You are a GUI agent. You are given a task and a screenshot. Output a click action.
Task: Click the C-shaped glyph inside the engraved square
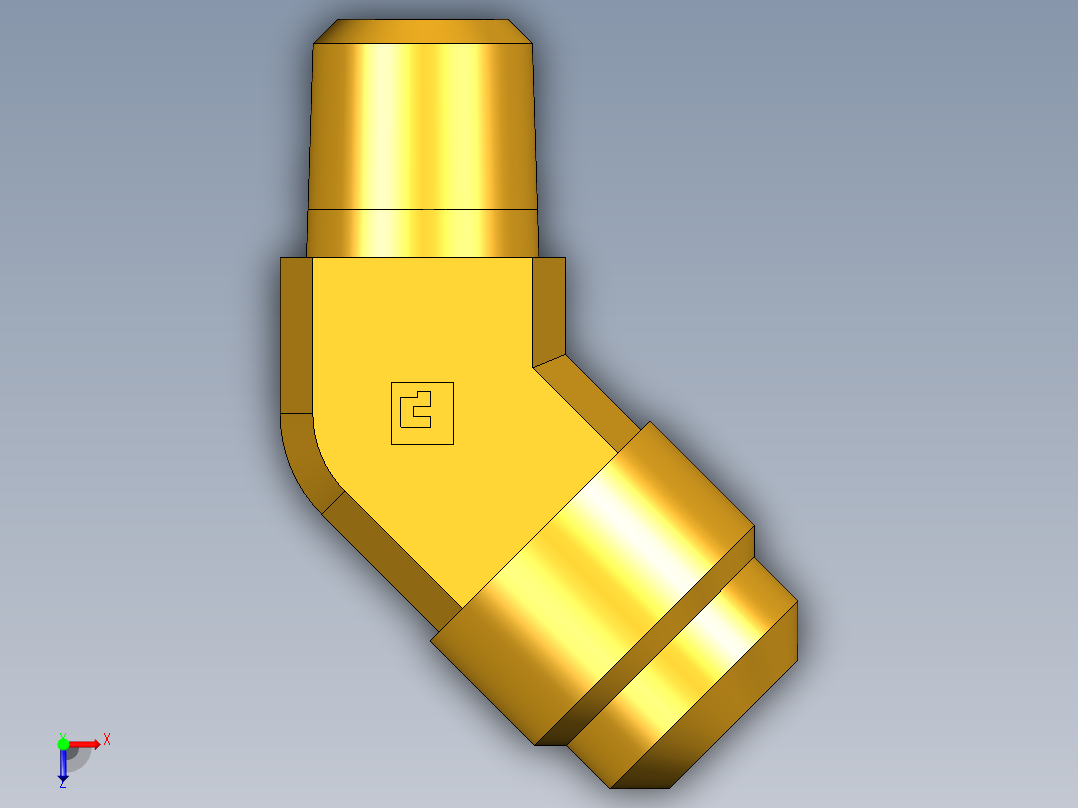(413, 410)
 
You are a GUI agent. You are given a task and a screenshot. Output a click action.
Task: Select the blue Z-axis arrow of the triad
(63, 766)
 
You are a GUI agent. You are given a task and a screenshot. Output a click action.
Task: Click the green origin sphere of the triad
(63, 744)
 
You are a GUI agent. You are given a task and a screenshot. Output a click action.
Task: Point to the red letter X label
(107, 739)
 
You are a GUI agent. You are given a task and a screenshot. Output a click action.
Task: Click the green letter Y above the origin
(62, 734)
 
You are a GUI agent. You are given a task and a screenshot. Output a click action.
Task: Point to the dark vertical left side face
(296, 335)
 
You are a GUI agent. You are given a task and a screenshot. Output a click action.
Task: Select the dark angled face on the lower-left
(390, 560)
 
